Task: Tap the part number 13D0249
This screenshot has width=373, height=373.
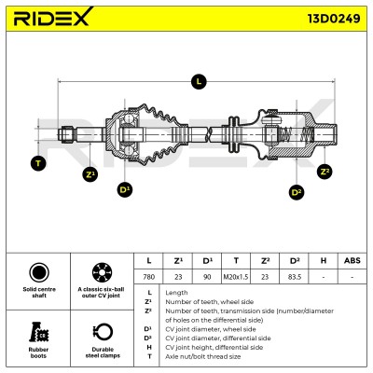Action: (x=334, y=19)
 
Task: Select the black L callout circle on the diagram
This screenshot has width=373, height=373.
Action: (x=199, y=82)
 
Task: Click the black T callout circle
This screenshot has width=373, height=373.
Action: (x=38, y=163)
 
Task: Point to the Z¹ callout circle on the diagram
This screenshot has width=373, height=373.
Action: (x=90, y=174)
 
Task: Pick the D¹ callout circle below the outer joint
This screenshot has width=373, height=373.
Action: (x=125, y=189)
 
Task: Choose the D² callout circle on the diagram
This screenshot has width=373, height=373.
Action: (x=297, y=192)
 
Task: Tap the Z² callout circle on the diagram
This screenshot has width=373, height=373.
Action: (x=325, y=172)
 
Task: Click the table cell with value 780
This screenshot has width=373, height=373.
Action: (x=148, y=277)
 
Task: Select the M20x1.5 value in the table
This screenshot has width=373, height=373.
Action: (x=236, y=277)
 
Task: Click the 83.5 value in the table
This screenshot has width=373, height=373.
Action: (x=295, y=277)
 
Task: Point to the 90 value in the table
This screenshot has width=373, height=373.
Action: (x=207, y=277)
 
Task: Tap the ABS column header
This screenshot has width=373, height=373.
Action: (x=352, y=260)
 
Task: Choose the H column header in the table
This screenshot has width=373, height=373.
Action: (x=324, y=260)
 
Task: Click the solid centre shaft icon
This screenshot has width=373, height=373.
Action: (x=39, y=272)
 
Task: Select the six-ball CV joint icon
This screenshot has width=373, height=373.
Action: (x=103, y=272)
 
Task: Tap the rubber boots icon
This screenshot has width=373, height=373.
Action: (x=39, y=332)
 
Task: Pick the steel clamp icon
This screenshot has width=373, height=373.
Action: (x=103, y=332)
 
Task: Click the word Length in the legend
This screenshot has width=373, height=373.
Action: (x=176, y=293)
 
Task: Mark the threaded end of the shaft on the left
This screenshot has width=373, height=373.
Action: (x=67, y=134)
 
